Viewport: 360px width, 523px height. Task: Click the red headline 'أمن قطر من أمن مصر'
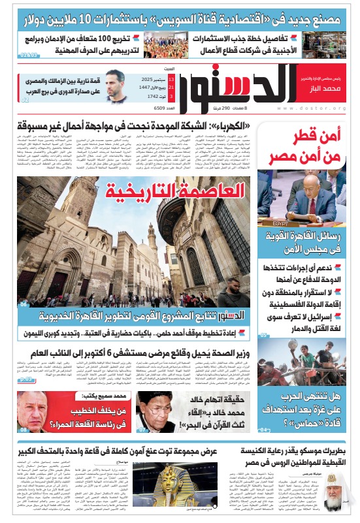306,148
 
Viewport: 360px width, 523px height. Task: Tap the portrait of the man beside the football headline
116,86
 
